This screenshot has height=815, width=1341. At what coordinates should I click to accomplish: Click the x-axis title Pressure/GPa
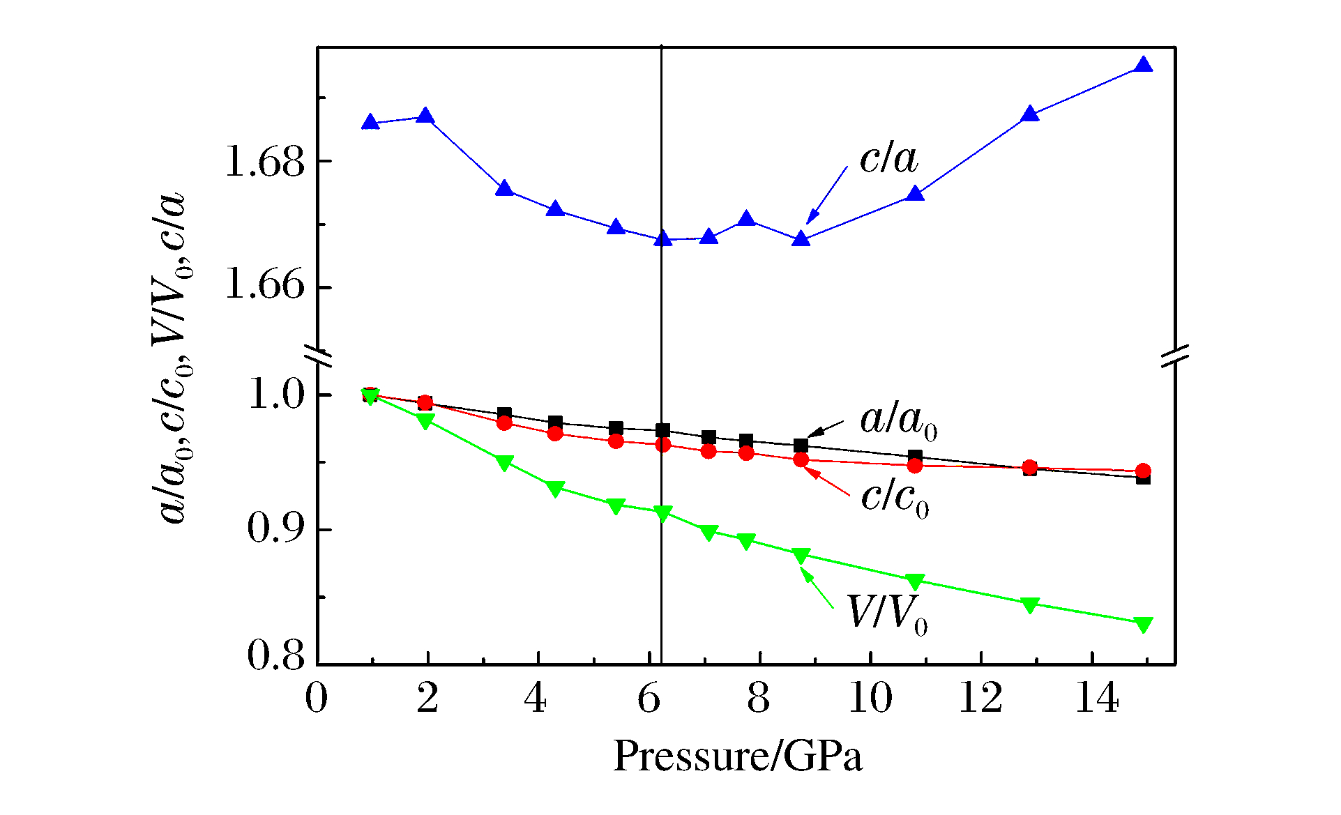[x=737, y=756]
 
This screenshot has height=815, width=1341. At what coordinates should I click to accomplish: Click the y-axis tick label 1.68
[x=265, y=162]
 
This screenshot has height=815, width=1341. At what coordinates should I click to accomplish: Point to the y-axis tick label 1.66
[x=265, y=287]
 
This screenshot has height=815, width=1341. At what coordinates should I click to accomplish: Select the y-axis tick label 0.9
[x=276, y=530]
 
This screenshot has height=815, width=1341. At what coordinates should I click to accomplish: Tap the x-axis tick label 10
[x=870, y=698]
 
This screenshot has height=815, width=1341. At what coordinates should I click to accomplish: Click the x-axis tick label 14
[x=1097, y=698]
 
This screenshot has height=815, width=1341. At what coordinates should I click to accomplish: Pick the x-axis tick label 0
[x=317, y=698]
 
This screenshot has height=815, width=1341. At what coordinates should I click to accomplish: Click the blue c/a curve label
[x=888, y=159]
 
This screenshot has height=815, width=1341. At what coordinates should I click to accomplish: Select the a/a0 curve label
[x=898, y=421]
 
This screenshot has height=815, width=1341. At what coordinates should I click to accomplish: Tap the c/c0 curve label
[x=895, y=498]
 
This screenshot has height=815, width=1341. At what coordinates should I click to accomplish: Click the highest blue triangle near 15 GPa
[x=1143, y=66]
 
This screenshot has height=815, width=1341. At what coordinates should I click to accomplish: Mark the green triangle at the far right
[x=1143, y=624]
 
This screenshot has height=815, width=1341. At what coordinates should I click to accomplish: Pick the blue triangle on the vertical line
[x=662, y=239]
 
